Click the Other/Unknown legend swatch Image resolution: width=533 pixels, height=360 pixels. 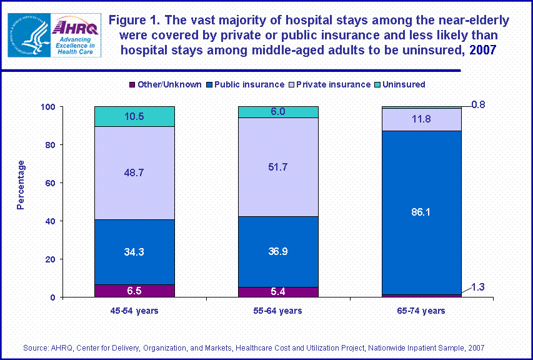click(132, 84)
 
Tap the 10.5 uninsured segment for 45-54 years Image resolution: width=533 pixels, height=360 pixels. click(134, 116)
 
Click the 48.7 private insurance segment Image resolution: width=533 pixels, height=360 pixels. click(134, 173)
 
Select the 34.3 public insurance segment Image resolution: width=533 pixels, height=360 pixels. click(134, 252)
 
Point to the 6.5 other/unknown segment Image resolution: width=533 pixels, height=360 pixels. click(134, 291)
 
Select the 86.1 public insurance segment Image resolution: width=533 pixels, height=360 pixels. click(421, 212)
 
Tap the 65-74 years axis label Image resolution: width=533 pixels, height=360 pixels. click(421, 311)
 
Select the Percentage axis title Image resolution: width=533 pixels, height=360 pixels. click(21, 184)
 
